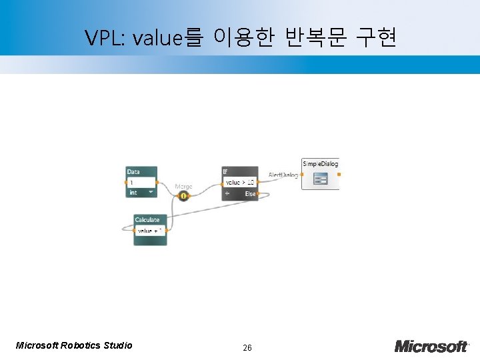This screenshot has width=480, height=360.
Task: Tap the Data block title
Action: coord(134,172)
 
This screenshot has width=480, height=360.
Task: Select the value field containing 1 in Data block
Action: coord(141,182)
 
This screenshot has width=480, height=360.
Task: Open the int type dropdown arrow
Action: coord(151,193)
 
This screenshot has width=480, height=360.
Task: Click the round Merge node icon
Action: coord(183,196)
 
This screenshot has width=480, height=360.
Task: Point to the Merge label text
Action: coord(183,187)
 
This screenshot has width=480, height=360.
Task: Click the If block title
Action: coord(225,172)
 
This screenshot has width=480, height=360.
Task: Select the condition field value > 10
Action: coord(240,182)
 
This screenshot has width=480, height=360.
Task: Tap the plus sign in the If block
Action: coord(227,193)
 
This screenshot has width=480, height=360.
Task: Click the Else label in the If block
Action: coord(250,193)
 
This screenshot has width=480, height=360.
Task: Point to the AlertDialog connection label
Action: coord(283,175)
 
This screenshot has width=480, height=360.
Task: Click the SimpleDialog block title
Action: coord(320,164)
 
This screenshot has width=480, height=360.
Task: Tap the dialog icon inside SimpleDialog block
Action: coord(321,179)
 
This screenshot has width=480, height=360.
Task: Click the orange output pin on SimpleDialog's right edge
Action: coord(339,174)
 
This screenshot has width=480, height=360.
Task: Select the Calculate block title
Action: coord(147,220)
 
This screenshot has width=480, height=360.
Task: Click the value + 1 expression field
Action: coord(150,231)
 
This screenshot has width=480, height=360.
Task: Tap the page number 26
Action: coord(247,347)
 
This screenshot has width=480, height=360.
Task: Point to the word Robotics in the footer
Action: coord(81,345)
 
